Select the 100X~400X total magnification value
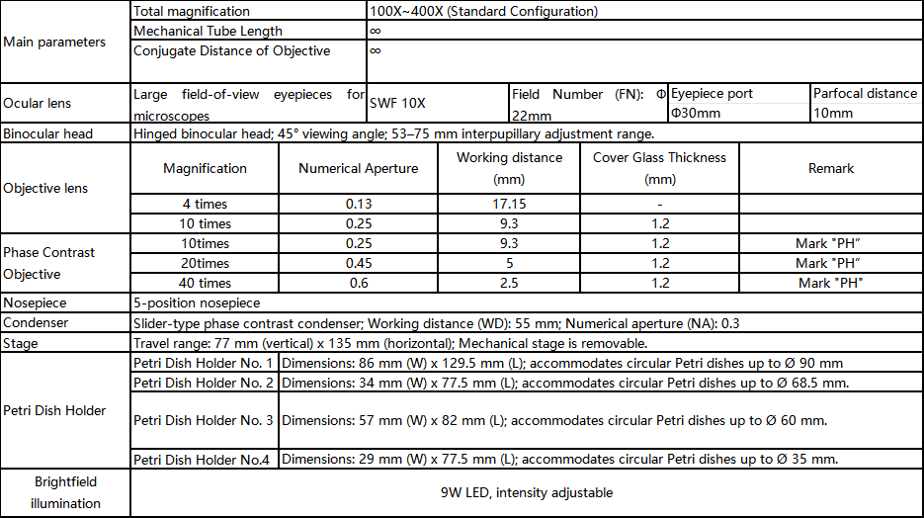(x=483, y=12)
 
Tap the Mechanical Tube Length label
(x=208, y=32)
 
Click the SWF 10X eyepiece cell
(x=397, y=103)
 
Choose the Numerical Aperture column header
(x=358, y=168)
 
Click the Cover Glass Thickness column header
(x=659, y=168)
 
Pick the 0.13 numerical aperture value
(x=358, y=204)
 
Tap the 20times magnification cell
(x=206, y=263)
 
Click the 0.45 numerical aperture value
(x=358, y=263)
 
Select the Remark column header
(x=830, y=168)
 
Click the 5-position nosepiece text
(x=197, y=303)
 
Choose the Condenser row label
(x=36, y=323)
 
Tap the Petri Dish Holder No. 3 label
(x=204, y=420)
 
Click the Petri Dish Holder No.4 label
(x=204, y=459)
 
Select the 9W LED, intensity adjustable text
(x=527, y=492)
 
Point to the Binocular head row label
(x=48, y=133)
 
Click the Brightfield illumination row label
(x=66, y=492)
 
